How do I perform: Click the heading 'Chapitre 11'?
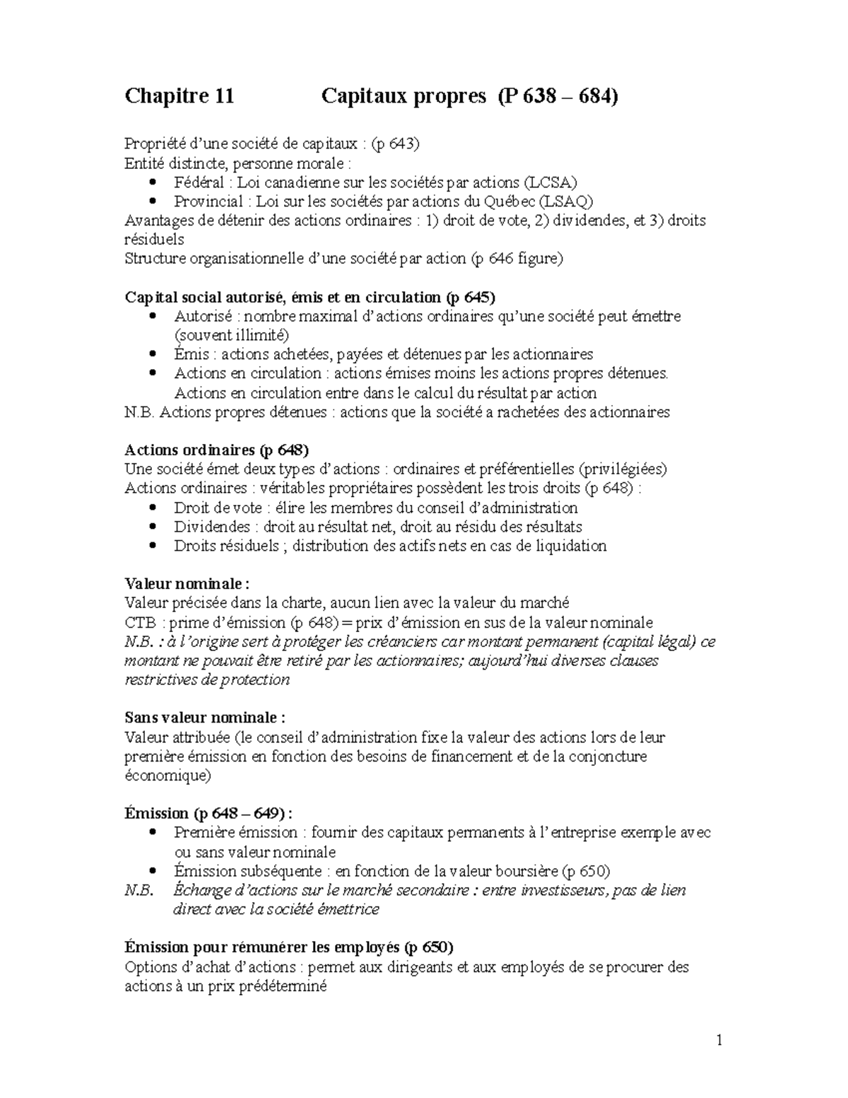point(179,96)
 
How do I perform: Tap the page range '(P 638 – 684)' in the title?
point(557,96)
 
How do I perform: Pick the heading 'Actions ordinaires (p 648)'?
point(217,450)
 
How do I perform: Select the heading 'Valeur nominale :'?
point(187,584)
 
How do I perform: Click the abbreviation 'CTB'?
point(139,622)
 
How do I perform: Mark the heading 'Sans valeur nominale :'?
point(205,718)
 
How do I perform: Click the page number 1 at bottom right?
point(719,1040)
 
